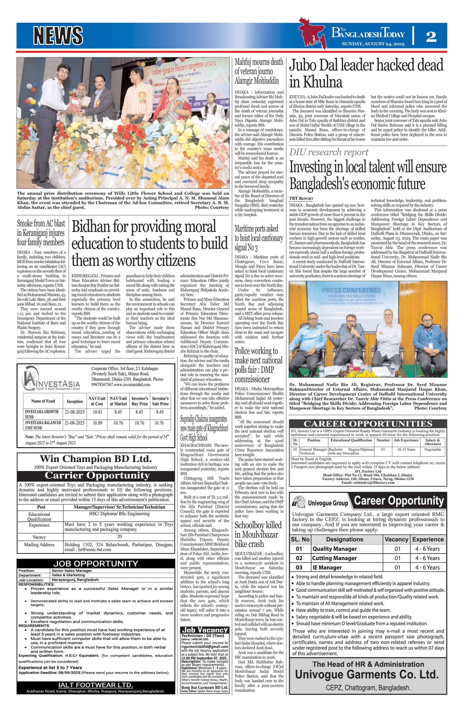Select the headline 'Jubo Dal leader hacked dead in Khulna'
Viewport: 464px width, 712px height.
[366, 73]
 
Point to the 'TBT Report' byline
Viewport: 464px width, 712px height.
[301, 198]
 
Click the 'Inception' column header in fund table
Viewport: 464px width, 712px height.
[74, 401]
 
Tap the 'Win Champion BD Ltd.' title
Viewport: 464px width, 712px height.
[96, 459]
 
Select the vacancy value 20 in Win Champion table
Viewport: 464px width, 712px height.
[119, 536]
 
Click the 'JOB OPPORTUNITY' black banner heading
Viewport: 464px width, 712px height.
[96, 564]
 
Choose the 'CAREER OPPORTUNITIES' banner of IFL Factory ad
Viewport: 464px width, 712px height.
[368, 424]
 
